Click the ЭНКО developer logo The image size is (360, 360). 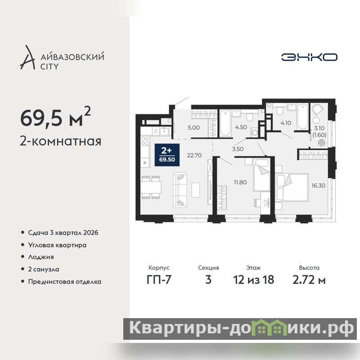click(309, 57)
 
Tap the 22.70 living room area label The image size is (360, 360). click(194, 155)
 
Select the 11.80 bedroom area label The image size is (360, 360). click(240, 182)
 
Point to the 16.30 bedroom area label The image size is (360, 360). click(318, 185)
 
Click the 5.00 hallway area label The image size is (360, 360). click(193, 128)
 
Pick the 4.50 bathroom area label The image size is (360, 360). click(241, 127)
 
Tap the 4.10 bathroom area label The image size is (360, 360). click(286, 123)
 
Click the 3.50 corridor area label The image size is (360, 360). click(238, 149)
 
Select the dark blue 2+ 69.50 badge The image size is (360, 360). click(167, 155)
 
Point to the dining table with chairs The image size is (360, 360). click(151, 187)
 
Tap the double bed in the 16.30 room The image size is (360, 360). click(292, 188)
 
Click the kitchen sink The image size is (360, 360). click(164, 131)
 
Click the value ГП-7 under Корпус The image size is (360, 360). click(159, 280)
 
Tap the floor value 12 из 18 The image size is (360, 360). click(253, 280)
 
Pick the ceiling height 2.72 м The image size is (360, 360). click(309, 280)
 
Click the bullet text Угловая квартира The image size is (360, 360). click(57, 245)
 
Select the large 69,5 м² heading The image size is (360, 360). click(55, 117)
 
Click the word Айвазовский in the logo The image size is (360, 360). click(72, 57)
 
